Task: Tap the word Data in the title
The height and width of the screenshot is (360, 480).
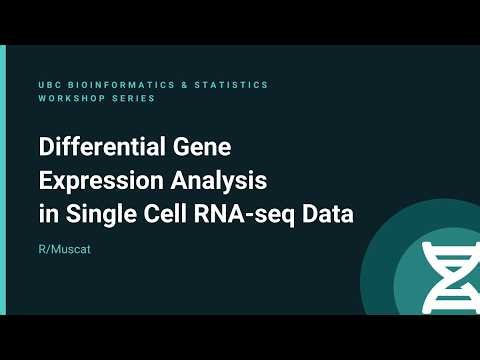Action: [x=329, y=214]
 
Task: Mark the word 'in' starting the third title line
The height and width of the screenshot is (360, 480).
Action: [x=47, y=214]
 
